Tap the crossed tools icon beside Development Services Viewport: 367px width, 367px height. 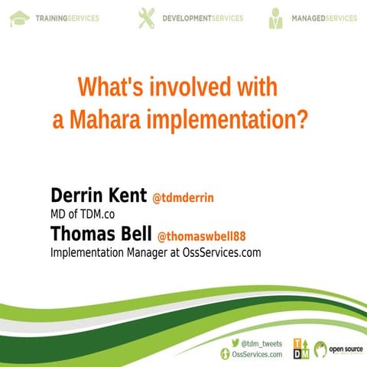coord(145,18)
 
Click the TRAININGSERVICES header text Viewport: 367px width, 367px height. coord(67,18)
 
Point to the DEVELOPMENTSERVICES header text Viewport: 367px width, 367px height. coord(203,18)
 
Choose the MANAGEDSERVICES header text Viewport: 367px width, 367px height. coord(324,18)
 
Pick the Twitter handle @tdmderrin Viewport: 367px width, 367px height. coord(183,198)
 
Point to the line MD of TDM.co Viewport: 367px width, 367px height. coord(83,215)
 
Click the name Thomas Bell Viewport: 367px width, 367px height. coord(101,233)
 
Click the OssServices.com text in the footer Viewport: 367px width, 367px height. coord(257,354)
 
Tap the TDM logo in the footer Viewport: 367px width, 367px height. coord(301,348)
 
